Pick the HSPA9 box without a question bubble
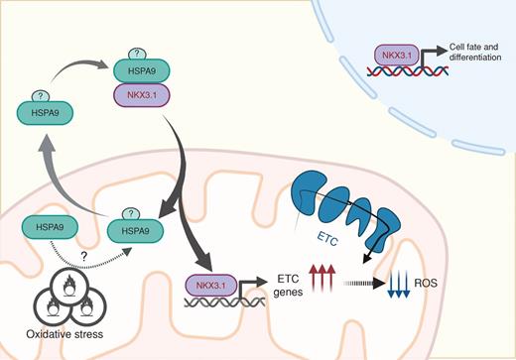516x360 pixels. (x=46, y=228)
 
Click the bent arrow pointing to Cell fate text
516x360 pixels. (x=429, y=56)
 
